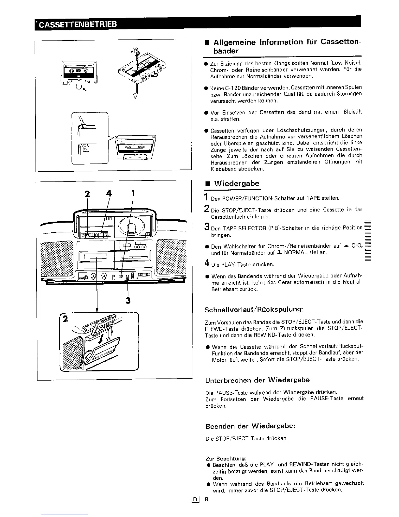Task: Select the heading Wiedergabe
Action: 236,183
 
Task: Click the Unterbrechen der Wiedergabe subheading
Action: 259,380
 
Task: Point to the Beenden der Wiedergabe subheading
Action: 250,426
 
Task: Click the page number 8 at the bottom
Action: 206,499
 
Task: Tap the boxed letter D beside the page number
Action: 197,499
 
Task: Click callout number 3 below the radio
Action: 128,300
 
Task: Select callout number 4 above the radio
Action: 109,194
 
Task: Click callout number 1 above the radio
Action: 133,194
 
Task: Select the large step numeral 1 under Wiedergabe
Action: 206,197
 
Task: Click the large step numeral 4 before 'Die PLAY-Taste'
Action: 207,263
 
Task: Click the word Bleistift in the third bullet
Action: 351,112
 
